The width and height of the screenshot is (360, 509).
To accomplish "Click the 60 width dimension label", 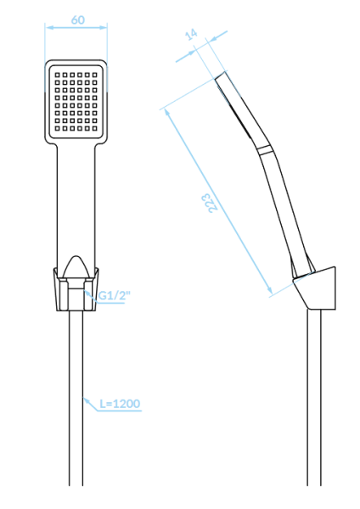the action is (78, 20).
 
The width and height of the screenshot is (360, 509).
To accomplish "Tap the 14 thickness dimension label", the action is (192, 34).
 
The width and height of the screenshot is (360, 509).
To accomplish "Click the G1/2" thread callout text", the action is (115, 295).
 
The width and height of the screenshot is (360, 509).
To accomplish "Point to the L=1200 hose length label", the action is (120, 404).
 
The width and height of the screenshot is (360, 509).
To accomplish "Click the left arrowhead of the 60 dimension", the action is (49, 28).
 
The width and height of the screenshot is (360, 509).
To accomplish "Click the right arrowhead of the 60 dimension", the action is (103, 28).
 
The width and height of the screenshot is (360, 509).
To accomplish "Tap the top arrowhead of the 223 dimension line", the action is (167, 112).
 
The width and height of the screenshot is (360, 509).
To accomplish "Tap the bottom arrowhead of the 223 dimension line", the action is (269, 290).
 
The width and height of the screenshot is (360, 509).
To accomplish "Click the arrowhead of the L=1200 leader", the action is (86, 401).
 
